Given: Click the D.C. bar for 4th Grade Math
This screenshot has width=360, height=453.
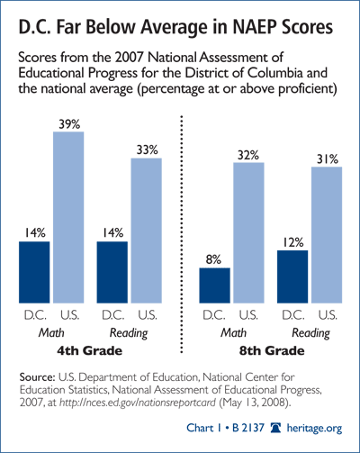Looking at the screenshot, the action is coord(34,272).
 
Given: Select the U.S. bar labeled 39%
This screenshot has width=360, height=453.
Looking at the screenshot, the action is coord(68,217).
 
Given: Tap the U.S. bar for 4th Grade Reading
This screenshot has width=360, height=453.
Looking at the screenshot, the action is coord(147,231).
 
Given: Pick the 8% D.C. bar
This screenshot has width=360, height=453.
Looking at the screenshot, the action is coord(215,285).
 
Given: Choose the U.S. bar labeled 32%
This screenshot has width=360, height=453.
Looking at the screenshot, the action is coord(248,232).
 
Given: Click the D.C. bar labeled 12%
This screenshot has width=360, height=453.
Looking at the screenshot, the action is coord(292,276).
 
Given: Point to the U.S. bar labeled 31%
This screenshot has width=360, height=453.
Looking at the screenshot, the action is coord(327,235).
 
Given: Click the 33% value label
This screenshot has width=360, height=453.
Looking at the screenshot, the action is coord(147,149).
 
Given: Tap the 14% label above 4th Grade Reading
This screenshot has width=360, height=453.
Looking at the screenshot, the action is coord(112,232).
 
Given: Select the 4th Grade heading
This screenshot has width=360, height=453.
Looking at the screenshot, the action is coord(90,350).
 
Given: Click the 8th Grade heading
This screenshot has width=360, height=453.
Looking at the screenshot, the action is coord(272,350).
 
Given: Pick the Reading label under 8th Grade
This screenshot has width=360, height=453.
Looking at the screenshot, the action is coord(310,333).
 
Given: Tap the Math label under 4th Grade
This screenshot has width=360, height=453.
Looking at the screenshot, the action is coord(51,332).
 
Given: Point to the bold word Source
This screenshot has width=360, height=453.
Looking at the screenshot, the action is coord(37,377).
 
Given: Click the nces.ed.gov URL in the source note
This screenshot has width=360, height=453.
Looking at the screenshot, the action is coord(138,403).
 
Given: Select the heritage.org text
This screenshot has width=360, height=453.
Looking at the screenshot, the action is coord(314,428).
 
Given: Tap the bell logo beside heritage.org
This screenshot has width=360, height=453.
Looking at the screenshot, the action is coord(275,428).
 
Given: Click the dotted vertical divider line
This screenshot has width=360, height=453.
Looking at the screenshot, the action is coord(181,234).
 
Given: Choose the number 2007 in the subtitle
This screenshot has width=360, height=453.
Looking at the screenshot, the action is coord(129,57).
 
